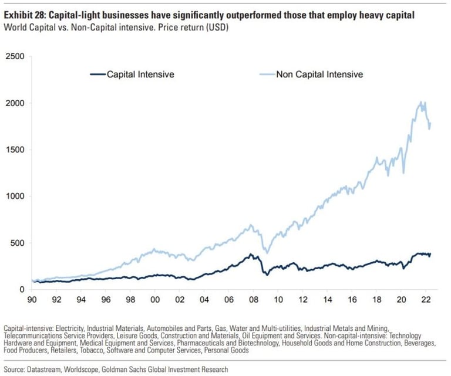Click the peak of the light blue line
pyautogui.click(x=421, y=102)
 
